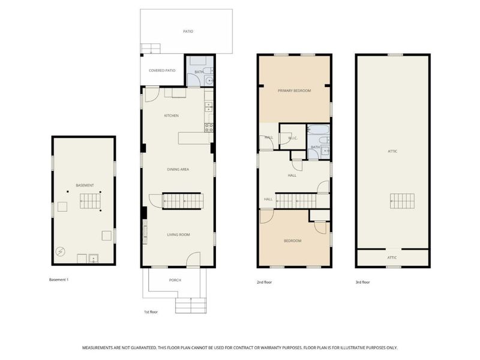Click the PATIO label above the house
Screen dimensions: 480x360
(188, 31)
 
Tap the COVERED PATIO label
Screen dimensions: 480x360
(162, 70)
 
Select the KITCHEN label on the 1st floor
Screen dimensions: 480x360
(172, 115)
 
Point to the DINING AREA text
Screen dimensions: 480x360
(178, 169)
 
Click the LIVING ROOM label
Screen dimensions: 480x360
(178, 235)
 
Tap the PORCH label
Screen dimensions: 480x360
(175, 280)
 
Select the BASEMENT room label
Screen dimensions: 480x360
(85, 185)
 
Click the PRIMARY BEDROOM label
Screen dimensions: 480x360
(294, 91)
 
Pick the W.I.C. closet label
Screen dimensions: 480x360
(293, 138)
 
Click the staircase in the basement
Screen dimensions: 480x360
(91, 201)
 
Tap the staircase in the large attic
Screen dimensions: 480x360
(402, 201)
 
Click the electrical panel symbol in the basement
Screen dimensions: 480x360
(61, 251)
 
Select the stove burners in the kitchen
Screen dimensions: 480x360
(209, 127)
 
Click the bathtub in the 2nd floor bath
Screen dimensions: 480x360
(319, 130)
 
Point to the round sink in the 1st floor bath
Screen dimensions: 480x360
(209, 81)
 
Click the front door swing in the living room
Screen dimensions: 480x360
(193, 259)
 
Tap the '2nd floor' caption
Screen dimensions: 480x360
(264, 282)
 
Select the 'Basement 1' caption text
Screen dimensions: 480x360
(59, 280)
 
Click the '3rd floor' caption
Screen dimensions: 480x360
(362, 282)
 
